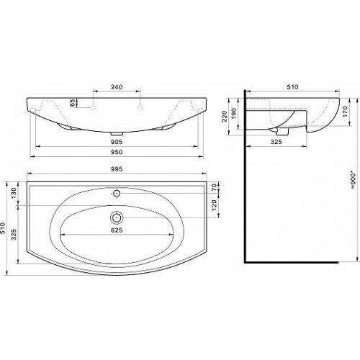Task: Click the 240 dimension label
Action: (117, 86)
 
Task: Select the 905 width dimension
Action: (117, 142)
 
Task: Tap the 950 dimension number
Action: (117, 152)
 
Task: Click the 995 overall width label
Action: (117, 169)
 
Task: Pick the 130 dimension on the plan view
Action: (14, 193)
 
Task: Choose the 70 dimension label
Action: (214, 186)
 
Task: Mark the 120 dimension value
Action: (214, 204)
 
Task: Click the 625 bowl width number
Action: (117, 230)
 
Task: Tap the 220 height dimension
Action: (225, 116)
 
